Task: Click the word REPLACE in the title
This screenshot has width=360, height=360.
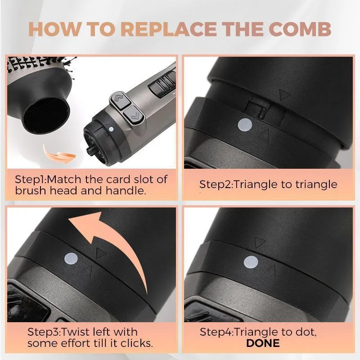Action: click(168, 29)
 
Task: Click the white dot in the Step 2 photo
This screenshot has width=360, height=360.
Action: click(245, 125)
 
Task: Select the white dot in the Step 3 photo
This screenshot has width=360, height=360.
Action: click(71, 259)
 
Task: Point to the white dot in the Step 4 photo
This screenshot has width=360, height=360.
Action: click(251, 262)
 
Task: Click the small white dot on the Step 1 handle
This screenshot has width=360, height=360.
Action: click(111, 129)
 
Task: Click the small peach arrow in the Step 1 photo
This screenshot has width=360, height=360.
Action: click(58, 154)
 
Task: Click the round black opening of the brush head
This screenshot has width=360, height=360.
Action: click(46, 116)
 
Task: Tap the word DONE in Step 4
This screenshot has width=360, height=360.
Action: click(263, 343)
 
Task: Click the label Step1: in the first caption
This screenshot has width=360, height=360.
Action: click(31, 179)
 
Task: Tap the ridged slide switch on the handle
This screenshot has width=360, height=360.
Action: click(162, 84)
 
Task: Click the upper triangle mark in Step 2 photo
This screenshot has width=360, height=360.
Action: click(285, 95)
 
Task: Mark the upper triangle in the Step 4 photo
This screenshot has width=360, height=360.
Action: click(260, 242)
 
